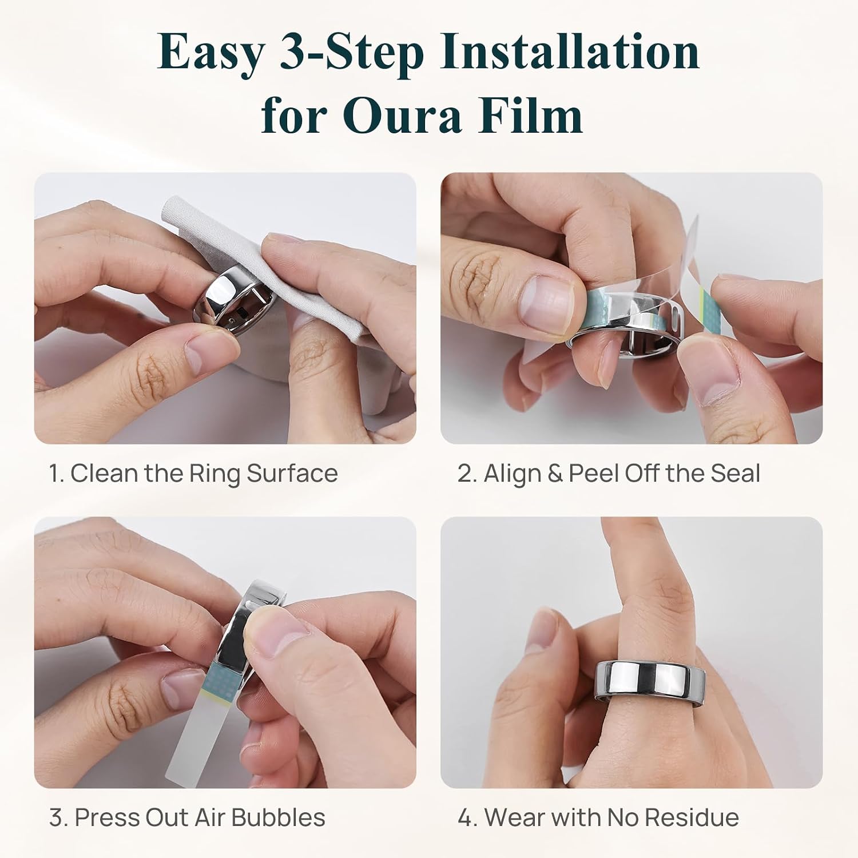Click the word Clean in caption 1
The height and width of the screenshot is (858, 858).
[104, 474]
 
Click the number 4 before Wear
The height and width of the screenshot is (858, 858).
[464, 817]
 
